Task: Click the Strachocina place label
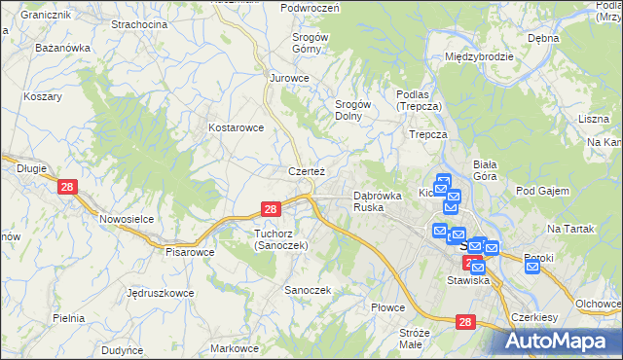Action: [x=138, y=23]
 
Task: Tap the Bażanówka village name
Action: [x=62, y=47]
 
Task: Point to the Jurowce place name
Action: [x=289, y=78]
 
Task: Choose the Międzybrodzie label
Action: [x=478, y=56]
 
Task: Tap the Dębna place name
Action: [x=543, y=38]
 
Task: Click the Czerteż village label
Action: [x=306, y=171]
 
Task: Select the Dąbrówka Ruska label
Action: [x=378, y=201]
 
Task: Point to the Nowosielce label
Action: [x=127, y=219]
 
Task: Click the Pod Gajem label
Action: [x=542, y=191]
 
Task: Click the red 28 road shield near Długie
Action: [x=67, y=187]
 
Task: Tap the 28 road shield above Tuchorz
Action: [x=272, y=208]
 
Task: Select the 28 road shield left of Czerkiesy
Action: [x=465, y=320]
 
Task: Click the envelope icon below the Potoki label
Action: [x=531, y=266]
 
